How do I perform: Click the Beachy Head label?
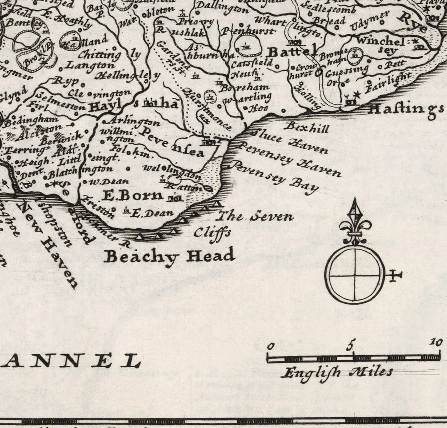click(x=169, y=256)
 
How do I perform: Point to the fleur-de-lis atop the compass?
click(x=355, y=221)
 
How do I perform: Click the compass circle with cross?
click(x=355, y=274)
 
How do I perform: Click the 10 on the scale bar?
click(x=436, y=342)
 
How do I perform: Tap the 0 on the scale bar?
click(x=271, y=346)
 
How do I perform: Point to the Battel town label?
click(x=293, y=51)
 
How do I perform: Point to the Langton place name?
click(x=90, y=65)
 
